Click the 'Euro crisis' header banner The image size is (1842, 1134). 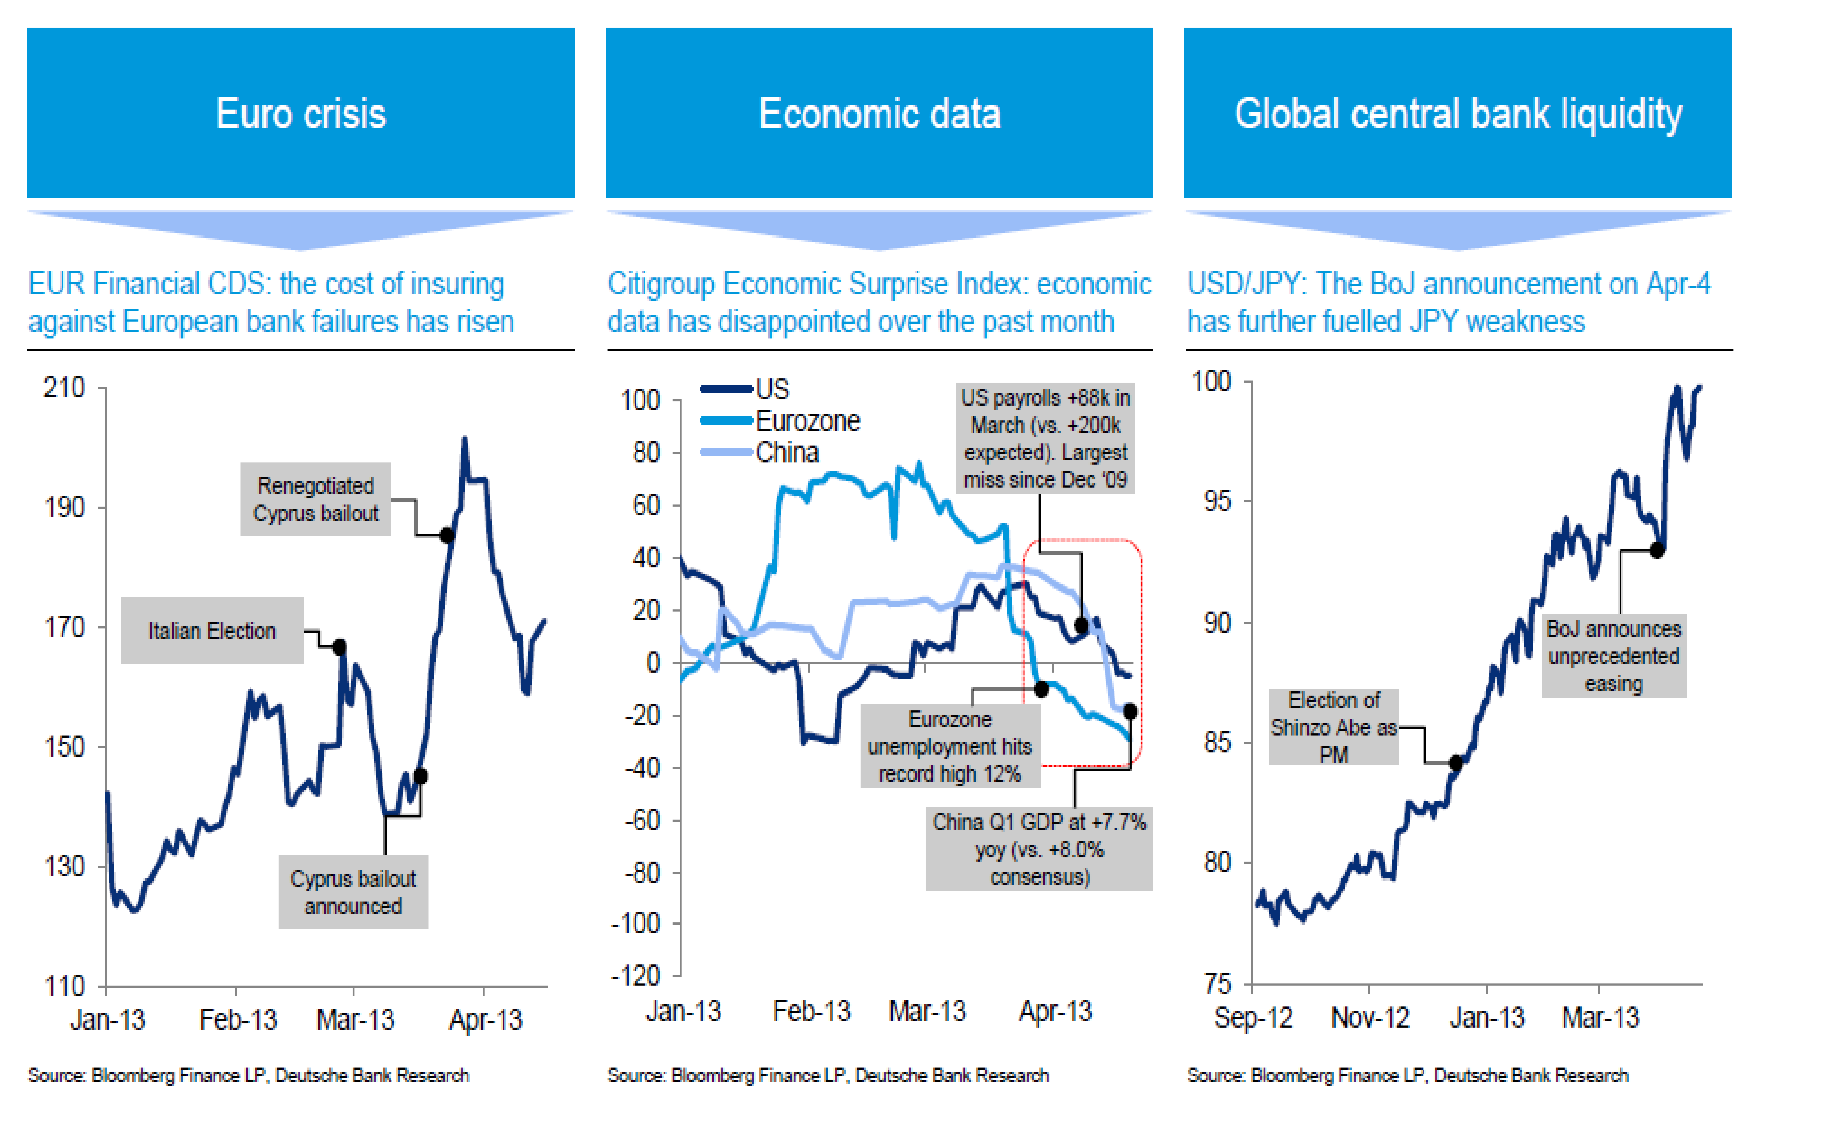pyautogui.click(x=301, y=113)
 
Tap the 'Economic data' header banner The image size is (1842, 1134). pyautogui.click(x=879, y=113)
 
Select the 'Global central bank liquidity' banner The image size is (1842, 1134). pyautogui.click(x=1457, y=113)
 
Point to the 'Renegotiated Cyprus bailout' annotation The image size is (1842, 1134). pyautogui.click(x=315, y=499)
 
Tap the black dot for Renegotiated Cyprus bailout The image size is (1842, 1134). pyautogui.click(x=447, y=535)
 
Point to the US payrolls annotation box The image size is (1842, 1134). pyautogui.click(x=1045, y=439)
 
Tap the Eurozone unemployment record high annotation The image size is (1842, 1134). pyautogui.click(x=950, y=746)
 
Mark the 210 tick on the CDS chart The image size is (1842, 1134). pyautogui.click(x=64, y=388)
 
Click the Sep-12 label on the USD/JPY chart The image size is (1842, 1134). pyautogui.click(x=1253, y=1018)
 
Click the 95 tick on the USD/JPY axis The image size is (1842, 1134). pyautogui.click(x=1218, y=501)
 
